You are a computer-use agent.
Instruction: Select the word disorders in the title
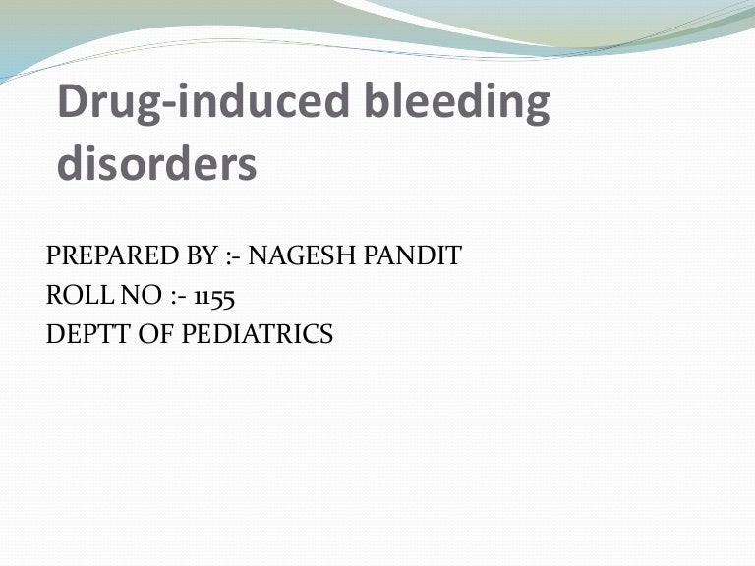157,164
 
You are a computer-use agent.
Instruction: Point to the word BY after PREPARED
196,257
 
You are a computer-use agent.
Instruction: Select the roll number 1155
213,296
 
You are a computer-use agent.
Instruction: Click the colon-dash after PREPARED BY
232,258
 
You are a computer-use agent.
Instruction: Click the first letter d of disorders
72,164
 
